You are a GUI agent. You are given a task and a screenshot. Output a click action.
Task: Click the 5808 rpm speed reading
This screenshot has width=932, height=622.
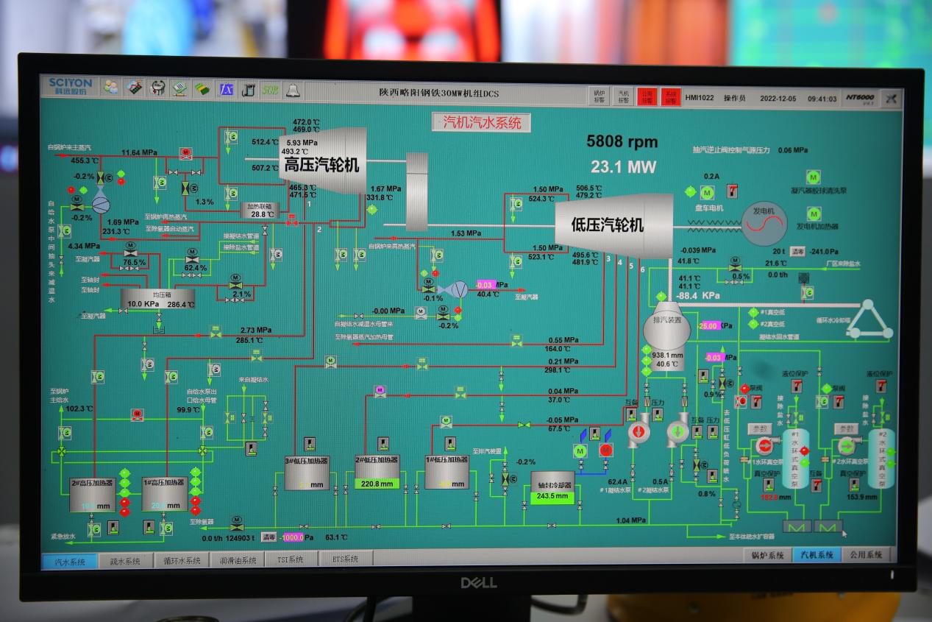tap(622, 142)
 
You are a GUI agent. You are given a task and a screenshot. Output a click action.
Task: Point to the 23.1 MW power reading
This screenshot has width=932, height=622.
tap(623, 167)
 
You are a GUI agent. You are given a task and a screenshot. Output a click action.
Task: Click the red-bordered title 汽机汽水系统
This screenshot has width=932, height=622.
tap(481, 122)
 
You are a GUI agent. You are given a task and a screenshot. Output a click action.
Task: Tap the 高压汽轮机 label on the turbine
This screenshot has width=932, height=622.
tap(321, 165)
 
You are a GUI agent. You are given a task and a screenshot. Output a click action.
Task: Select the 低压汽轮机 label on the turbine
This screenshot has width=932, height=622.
tap(608, 225)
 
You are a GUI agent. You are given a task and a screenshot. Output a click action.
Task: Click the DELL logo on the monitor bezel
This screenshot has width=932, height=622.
tap(479, 582)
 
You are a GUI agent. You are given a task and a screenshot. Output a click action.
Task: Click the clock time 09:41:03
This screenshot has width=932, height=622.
tap(822, 98)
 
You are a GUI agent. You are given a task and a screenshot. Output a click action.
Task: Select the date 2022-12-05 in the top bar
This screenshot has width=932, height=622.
tap(777, 98)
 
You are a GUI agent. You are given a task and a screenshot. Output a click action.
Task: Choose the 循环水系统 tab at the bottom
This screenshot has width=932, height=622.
tap(181, 561)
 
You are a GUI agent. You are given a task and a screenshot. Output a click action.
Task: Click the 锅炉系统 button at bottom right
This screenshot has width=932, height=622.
tap(768, 555)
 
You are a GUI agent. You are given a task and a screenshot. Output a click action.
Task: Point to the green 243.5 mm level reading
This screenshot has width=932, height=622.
tap(552, 497)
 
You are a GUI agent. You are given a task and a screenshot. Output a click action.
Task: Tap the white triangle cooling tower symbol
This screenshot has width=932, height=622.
tap(868, 320)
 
